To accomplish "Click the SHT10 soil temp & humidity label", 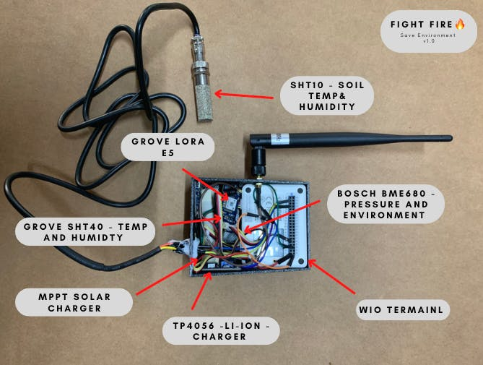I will (327, 95).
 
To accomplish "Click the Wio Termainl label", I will (404, 312).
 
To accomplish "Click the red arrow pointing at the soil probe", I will (246, 94).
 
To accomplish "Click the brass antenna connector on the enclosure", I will (257, 170).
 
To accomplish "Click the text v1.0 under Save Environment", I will (428, 41).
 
